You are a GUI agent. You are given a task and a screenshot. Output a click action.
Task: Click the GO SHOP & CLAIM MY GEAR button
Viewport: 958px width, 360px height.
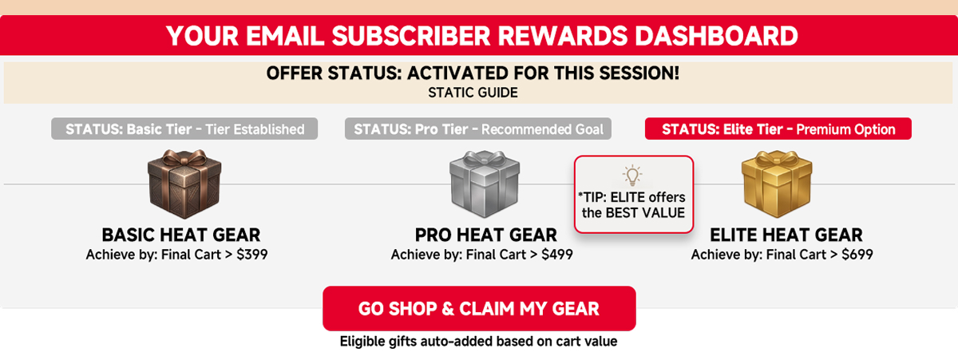(479, 308)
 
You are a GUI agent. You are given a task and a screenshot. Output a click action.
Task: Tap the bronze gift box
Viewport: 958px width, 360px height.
(184, 184)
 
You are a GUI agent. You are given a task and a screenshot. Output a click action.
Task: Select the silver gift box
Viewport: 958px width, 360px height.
(485, 184)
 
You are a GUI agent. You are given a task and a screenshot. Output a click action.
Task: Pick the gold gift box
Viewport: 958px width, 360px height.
(777, 184)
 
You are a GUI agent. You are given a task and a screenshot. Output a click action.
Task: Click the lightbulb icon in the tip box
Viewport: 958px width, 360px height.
(632, 176)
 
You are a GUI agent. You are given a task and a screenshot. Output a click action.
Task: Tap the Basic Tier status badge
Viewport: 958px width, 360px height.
(184, 129)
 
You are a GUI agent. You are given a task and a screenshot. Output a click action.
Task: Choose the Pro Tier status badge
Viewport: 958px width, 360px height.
(478, 129)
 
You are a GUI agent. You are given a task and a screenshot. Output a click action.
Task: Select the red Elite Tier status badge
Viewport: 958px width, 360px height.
(778, 129)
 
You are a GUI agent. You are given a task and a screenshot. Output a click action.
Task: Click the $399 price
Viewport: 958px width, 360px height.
(252, 255)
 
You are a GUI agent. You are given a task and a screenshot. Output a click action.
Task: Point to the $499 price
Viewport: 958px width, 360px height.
(557, 255)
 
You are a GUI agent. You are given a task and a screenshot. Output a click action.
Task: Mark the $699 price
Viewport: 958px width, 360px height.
(857, 255)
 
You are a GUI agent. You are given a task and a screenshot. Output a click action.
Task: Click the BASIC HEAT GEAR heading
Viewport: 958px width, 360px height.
(181, 235)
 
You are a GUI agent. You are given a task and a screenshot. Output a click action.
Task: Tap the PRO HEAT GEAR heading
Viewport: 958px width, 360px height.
(486, 235)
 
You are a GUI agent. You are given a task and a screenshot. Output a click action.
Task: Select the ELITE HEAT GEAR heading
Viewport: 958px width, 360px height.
(786, 235)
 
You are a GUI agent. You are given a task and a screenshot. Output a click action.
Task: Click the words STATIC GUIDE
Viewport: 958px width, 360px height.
(473, 93)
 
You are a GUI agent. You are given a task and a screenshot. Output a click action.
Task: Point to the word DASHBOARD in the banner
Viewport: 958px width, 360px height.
(716, 35)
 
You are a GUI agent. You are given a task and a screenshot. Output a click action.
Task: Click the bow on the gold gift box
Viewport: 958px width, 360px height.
(777, 159)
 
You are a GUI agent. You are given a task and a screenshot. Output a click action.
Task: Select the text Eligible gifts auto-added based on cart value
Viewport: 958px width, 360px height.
(478, 341)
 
